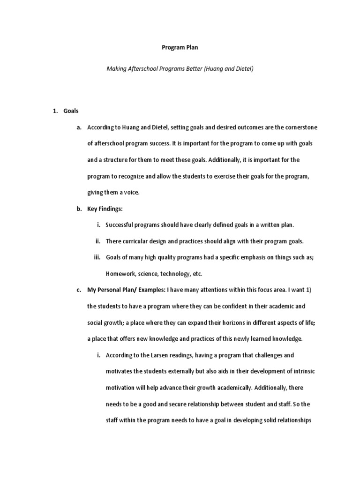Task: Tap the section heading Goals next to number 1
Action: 71,111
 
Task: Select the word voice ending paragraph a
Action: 131,192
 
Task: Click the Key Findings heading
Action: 105,209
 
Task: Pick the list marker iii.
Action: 98,257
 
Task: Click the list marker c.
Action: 79,290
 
